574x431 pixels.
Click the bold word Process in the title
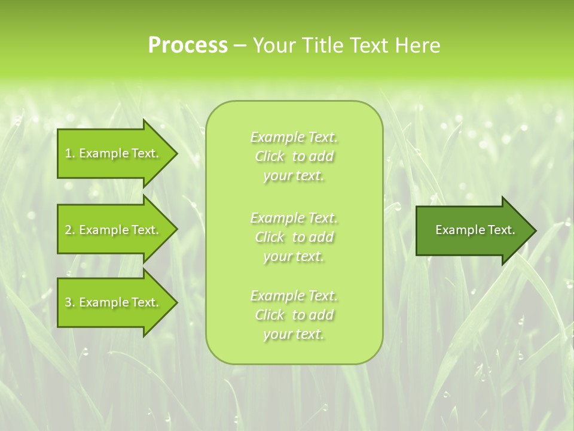188,45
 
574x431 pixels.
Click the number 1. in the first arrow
70,154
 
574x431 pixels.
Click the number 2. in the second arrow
70,230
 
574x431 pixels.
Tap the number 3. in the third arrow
70,303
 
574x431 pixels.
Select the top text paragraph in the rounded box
294,156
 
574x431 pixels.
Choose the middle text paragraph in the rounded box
294,237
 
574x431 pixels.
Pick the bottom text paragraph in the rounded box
294,315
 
